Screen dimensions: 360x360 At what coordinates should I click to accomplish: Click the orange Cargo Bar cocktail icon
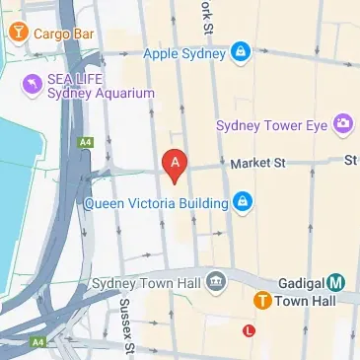pyautogui.click(x=17, y=33)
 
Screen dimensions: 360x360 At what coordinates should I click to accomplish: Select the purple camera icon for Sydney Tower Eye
pyautogui.click(x=342, y=123)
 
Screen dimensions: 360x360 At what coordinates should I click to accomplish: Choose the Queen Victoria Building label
pyautogui.click(x=158, y=204)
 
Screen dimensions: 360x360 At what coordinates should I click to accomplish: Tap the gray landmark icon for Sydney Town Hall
pyautogui.click(x=216, y=284)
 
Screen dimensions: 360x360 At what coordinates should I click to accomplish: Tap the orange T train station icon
pyautogui.click(x=262, y=301)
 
